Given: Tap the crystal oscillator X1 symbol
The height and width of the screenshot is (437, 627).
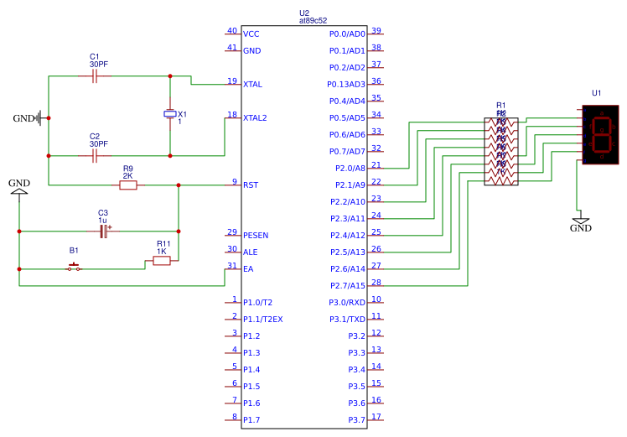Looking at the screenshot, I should coord(170,114).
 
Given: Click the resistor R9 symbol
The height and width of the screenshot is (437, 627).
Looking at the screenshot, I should coord(127,185).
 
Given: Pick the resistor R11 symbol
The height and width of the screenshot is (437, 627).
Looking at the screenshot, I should coord(162,261).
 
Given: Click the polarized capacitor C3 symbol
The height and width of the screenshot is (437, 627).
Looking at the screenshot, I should coord(104,231).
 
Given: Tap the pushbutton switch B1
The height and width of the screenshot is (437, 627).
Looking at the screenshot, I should coord(75,268).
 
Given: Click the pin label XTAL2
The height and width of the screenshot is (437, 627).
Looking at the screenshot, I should coord(255,118).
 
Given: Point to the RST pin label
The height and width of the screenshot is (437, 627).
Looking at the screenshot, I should coord(251,185).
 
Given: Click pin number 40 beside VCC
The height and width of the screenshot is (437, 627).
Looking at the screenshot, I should coord(231,31).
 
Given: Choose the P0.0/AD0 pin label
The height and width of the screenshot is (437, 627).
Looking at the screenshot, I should coord(347,34).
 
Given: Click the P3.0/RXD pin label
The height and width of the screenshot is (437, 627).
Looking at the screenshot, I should coord(346,303).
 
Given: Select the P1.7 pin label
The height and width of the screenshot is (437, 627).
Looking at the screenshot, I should coord(251,420).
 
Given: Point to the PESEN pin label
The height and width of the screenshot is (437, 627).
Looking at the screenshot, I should coord(256,236).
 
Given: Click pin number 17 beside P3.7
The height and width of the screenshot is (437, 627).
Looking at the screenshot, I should coord(376,417).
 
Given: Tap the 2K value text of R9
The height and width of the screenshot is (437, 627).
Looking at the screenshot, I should coord(127,176).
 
